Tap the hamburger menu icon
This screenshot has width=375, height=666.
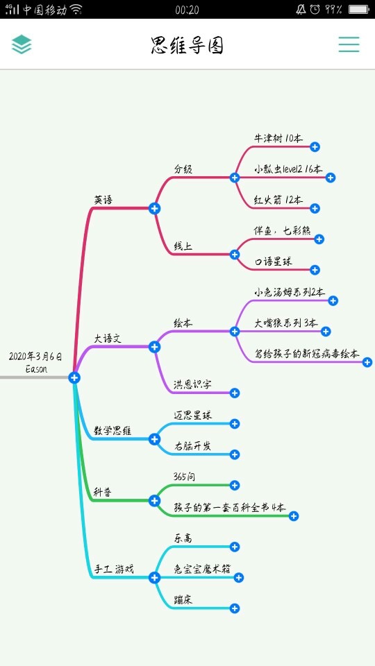[x=349, y=44]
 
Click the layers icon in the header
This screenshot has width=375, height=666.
[x=22, y=44]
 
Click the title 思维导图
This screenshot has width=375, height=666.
[x=187, y=45]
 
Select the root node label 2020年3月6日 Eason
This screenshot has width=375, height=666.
[x=35, y=362]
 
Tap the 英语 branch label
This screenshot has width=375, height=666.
[x=103, y=200]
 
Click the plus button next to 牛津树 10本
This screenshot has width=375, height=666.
[x=315, y=147]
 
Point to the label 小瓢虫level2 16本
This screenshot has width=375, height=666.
[x=288, y=169]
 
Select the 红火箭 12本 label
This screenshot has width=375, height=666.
[x=278, y=200]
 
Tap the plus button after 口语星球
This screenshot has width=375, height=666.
[x=315, y=270]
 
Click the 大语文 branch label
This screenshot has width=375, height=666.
[x=108, y=339]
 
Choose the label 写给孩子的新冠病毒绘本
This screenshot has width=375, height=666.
[x=306, y=353]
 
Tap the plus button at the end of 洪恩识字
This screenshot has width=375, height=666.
[x=235, y=393]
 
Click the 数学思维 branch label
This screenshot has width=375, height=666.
[x=112, y=431]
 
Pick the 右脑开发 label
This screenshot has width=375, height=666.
[x=192, y=446]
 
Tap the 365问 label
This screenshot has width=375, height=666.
[x=185, y=477]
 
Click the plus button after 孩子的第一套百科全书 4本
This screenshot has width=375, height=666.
[x=293, y=516]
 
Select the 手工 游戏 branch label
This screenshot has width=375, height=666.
[x=114, y=569]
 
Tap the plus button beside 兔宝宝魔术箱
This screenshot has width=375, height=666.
[x=238, y=577]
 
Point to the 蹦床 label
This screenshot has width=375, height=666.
[x=183, y=599]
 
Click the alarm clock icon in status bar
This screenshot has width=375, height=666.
[x=315, y=9]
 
